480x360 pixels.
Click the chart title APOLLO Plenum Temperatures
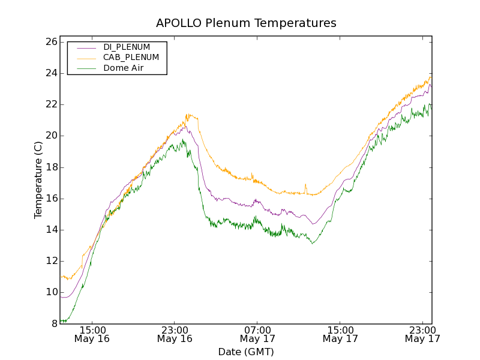(246, 23)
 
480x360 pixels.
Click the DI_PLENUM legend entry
(127, 47)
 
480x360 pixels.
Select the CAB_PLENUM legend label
(131, 58)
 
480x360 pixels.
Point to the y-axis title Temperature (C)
(38, 180)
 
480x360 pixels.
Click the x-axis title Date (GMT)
(246, 352)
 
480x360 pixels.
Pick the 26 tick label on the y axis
(50, 42)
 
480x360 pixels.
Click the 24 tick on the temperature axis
(50, 73)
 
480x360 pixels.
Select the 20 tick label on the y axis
(50, 136)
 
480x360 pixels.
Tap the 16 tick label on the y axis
(50, 199)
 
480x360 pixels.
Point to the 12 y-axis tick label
(50, 261)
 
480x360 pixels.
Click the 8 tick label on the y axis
(53, 323)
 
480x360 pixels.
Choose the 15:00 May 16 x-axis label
(92, 334)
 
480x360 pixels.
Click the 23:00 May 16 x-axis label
(175, 334)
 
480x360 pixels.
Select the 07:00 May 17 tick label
(257, 334)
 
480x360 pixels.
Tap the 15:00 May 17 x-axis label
(340, 334)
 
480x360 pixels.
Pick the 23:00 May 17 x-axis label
(422, 334)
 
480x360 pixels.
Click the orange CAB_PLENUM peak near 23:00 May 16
(188, 114)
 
